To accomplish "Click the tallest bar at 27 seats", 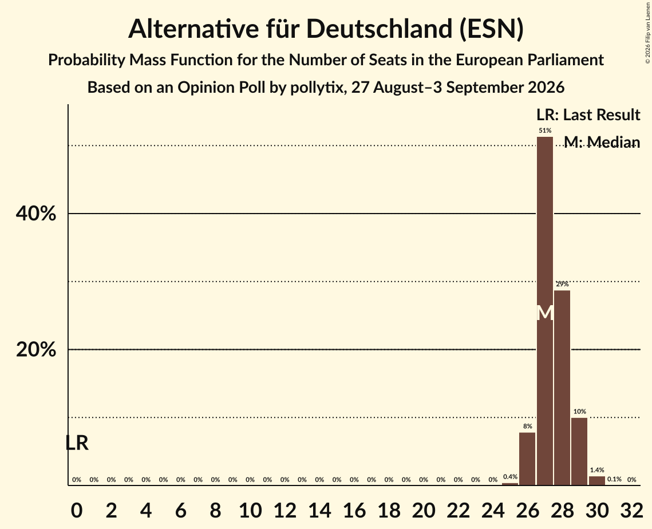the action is click(545, 311).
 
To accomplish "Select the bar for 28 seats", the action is click(562, 388).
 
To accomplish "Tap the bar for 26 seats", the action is click(527, 459).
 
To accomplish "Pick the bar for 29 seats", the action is click(579, 451).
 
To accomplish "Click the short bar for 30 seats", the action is click(596, 481).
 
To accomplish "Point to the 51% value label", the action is click(545, 131).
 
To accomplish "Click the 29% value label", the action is click(562, 284).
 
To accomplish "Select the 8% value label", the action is click(527, 427).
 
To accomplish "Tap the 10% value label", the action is click(580, 411).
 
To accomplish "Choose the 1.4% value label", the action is click(596, 470).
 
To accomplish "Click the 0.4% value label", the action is click(510, 476).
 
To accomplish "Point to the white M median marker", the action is click(545, 313).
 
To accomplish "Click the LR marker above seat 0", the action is click(77, 443).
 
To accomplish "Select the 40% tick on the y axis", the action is click(35, 214).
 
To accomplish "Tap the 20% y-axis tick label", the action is click(35, 349).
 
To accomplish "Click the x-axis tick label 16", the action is click(354, 510).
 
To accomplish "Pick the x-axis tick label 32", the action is click(631, 510).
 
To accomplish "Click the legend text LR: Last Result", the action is click(588, 115).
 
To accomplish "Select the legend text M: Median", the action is click(602, 142).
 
